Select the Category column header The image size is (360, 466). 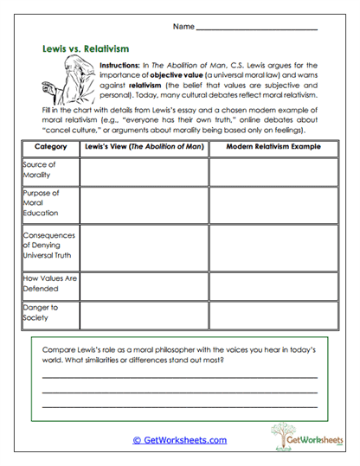click(50, 148)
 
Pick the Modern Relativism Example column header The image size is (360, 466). click(273, 148)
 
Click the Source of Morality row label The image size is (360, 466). click(40, 169)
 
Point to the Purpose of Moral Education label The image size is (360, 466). click(42, 202)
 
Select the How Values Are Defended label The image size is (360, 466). click(48, 284)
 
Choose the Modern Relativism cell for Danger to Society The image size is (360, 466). click(273, 313)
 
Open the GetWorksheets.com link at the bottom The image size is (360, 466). click(180, 439)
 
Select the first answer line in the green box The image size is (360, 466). click(179, 378)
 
